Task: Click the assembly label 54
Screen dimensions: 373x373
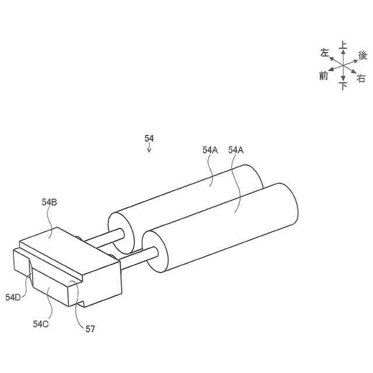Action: tap(149, 138)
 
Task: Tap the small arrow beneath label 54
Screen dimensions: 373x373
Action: tap(149, 149)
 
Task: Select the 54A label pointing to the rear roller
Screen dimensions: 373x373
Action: tap(210, 150)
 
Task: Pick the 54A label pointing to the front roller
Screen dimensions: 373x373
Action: tap(236, 150)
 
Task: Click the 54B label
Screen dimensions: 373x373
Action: tap(49, 202)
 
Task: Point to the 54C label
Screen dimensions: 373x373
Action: tap(41, 323)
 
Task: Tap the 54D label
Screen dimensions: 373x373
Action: tap(13, 297)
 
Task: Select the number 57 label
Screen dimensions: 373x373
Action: tap(90, 329)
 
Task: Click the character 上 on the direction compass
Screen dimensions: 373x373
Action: tap(343, 45)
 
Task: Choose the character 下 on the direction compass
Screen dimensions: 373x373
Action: tap(343, 86)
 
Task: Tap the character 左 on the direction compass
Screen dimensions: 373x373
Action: tap(325, 53)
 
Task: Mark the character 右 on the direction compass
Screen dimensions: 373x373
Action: tap(361, 78)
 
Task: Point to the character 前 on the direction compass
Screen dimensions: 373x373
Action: tap(324, 76)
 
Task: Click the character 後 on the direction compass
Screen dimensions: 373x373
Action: tap(363, 55)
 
